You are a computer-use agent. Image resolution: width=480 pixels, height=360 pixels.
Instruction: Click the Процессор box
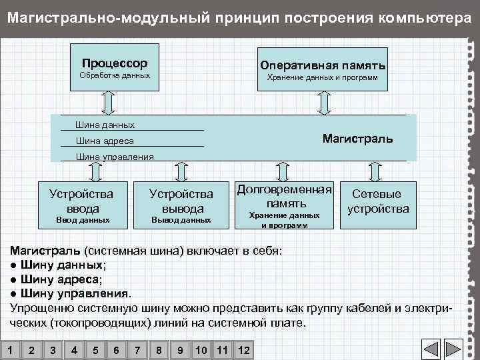(115, 69)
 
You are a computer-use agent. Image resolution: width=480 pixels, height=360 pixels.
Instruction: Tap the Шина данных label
(105, 125)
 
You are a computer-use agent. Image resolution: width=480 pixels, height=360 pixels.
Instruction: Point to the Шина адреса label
(105, 141)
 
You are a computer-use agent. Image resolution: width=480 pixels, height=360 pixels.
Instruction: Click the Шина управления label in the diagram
(115, 157)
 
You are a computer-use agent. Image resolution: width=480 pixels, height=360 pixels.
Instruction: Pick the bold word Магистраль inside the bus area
(357, 139)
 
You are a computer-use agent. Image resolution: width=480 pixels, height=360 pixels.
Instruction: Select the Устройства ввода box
(82, 206)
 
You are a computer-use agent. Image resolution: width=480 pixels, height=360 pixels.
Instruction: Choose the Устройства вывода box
(181, 206)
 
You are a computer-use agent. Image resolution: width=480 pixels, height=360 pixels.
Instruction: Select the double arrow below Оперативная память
(325, 102)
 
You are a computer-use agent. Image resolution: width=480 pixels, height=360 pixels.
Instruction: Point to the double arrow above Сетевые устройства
(375, 171)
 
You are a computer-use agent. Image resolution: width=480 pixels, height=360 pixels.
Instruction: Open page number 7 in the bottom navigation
(137, 350)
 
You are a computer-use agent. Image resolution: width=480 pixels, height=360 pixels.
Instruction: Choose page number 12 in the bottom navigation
(243, 350)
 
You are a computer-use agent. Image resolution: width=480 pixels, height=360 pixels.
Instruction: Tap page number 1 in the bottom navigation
(9, 350)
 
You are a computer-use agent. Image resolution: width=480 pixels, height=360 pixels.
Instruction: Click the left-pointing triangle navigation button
(431, 350)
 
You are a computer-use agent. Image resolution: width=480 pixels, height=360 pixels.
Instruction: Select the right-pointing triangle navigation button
(453, 350)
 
